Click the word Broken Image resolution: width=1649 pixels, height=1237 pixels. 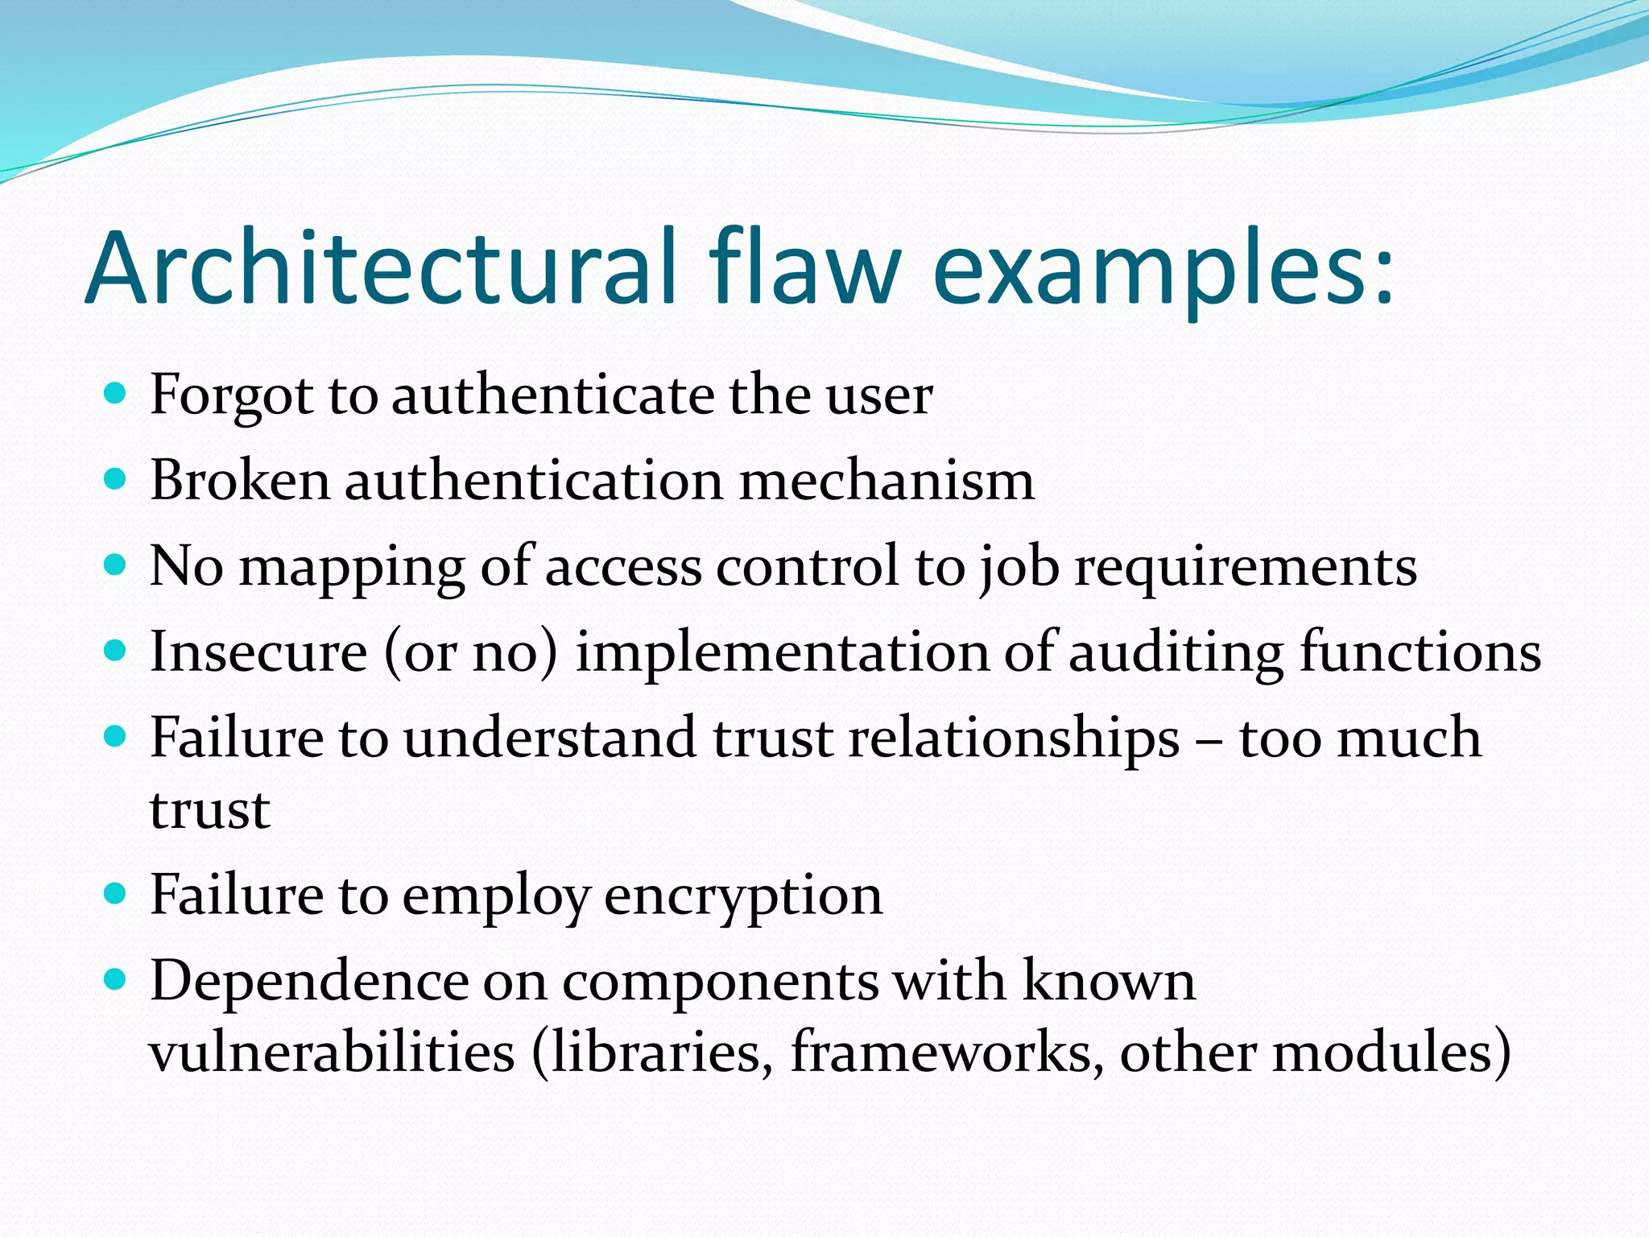click(240, 481)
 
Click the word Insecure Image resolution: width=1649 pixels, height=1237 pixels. click(258, 652)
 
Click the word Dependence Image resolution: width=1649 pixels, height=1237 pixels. click(309, 982)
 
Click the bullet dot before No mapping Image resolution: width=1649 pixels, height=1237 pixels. click(116, 564)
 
